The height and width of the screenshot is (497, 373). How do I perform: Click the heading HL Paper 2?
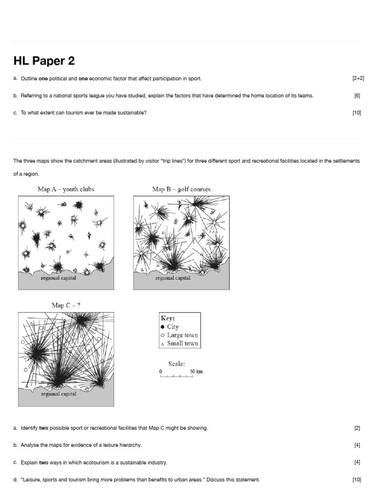coord(44,61)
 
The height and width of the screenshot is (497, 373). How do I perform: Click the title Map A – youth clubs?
coord(66,189)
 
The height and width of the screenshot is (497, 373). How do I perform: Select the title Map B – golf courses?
coord(182,189)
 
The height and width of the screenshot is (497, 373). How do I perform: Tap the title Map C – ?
coord(66,305)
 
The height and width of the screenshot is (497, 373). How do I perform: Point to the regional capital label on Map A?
coord(58,279)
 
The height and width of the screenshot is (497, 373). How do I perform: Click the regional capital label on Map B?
coord(173,279)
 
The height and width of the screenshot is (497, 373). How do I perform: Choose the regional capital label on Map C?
coord(58,395)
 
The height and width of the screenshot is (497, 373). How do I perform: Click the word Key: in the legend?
coord(168,318)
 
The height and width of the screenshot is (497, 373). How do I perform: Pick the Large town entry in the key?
coord(182,335)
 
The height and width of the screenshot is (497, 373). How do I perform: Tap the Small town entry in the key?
coord(182,343)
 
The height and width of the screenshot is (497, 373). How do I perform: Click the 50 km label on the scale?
coord(196,372)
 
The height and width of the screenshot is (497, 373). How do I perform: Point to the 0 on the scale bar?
coord(160,372)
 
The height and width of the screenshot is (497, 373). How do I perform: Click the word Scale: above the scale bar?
coord(176,364)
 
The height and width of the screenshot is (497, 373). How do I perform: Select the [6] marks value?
coord(357,96)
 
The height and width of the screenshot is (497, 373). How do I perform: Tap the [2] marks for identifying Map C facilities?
coord(357,428)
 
